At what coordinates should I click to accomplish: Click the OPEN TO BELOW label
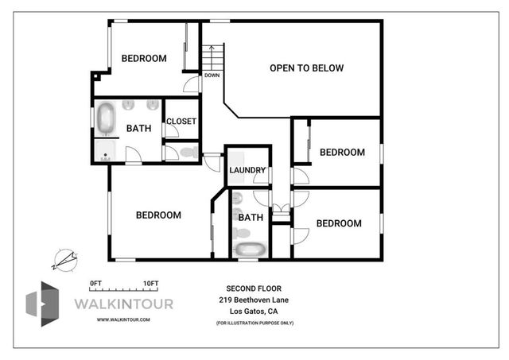pyautogui.click(x=306, y=68)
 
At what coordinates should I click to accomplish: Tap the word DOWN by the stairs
pyautogui.click(x=212, y=75)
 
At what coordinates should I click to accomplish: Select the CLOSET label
pyautogui.click(x=181, y=122)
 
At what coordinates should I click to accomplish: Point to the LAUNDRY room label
pyautogui.click(x=247, y=170)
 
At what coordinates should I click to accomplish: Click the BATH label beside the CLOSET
pyautogui.click(x=138, y=128)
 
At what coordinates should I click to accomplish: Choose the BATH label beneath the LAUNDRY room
pyautogui.click(x=251, y=217)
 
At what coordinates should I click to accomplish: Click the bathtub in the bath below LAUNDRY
pyautogui.click(x=250, y=249)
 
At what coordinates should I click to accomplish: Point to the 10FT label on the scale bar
pyautogui.click(x=150, y=283)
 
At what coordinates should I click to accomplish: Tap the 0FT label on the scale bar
pyautogui.click(x=96, y=283)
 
